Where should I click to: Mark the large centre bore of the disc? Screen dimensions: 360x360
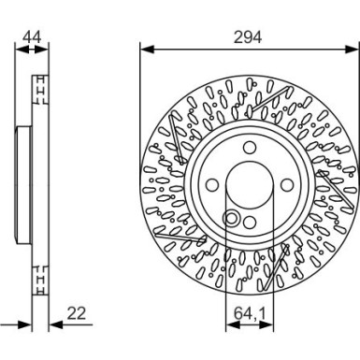pyautogui.click(x=247, y=185)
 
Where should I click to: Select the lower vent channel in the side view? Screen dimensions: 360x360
pyautogui.click(x=40, y=279)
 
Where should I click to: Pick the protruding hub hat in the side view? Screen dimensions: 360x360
pyautogui.click(x=19, y=185)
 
